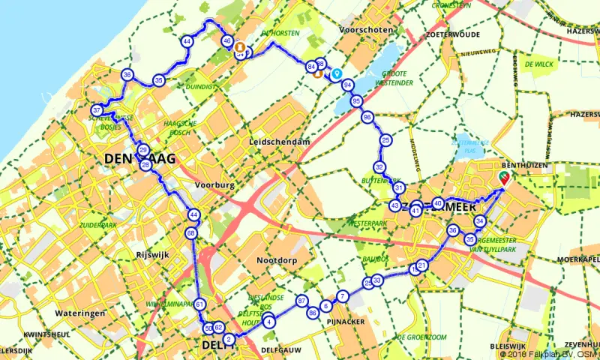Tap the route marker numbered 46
coord(227,41)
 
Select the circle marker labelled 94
coord(348,85)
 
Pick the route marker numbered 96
coord(367,117)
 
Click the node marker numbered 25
coord(385,140)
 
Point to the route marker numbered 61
coord(199,304)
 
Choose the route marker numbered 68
coord(191,233)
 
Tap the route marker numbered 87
coord(301,300)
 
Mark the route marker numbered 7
coord(343,296)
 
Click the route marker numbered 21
coord(422,265)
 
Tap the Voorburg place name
coord(214,184)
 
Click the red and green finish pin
coord(504,176)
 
